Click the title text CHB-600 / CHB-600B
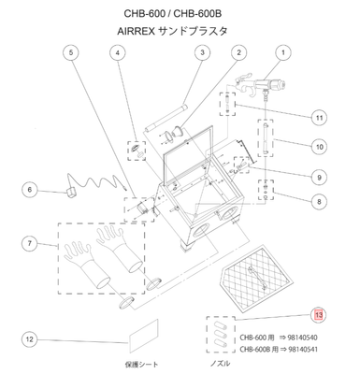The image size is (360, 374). [180, 13]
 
